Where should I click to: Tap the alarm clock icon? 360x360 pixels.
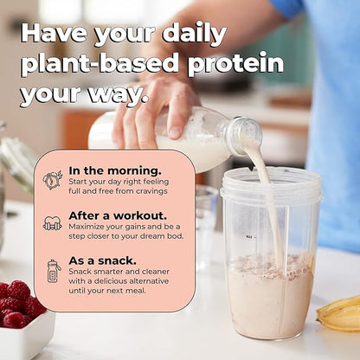[x=53, y=180]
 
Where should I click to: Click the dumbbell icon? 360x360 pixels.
[x=53, y=222]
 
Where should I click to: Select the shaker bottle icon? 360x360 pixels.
[x=53, y=271]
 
